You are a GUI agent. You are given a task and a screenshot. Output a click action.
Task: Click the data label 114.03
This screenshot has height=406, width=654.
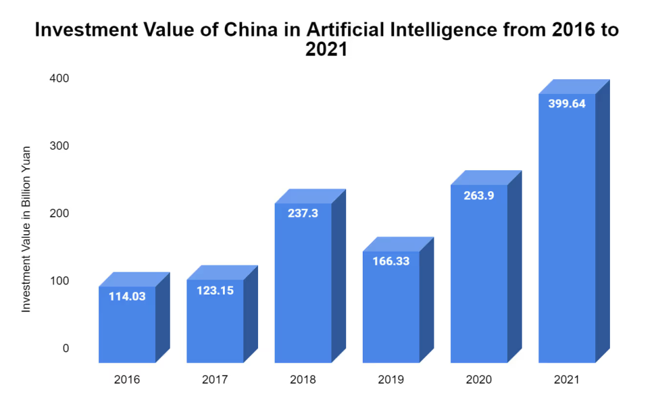tap(127, 297)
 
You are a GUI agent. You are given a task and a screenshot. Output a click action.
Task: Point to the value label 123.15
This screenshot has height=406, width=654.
tap(215, 290)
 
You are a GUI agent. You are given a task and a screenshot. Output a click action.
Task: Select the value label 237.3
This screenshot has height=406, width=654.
tap(303, 214)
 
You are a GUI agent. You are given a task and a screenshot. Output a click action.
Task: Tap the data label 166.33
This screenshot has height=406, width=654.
tap(391, 262)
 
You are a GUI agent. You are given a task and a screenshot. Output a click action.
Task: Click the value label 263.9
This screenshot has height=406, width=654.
tap(479, 196)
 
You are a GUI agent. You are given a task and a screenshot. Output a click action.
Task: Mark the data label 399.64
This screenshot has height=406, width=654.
tap(567, 104)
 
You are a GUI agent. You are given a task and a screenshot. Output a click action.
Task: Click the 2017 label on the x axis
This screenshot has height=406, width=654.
tap(215, 380)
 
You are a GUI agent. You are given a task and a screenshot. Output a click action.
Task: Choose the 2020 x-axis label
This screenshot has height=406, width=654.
tap(479, 380)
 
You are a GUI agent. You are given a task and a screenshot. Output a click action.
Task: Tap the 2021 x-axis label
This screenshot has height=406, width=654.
tap(567, 380)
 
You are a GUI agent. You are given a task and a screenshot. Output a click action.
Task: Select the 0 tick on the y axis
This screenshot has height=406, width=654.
tap(65, 348)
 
